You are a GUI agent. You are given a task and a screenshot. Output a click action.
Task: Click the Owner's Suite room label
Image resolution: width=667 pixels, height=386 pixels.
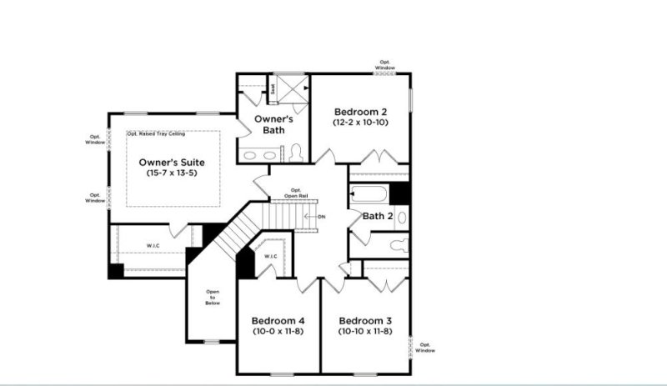coord(172,161)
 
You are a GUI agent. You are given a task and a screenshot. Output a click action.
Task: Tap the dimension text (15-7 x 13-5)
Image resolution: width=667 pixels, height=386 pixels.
coord(172,173)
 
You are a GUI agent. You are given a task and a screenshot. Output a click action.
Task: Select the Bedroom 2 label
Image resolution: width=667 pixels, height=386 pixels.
coord(361,112)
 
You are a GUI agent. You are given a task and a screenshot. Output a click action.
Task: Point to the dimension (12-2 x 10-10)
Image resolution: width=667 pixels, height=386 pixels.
coord(361,123)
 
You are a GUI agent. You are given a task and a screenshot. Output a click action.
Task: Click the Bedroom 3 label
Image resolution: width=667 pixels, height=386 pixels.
coord(365,320)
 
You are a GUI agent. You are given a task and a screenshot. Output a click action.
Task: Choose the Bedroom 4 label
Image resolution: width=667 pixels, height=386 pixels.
coord(278,320)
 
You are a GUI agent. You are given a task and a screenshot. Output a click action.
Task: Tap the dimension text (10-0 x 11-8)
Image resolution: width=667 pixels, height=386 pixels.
coord(278,331)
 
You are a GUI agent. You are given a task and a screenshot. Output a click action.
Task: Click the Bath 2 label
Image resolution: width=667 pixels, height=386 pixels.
coord(377,216)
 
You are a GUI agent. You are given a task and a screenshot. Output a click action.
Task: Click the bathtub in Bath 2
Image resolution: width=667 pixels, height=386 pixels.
coord(369,197)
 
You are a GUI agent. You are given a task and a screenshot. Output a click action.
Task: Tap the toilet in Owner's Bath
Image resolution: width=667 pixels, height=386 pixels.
coord(296,153)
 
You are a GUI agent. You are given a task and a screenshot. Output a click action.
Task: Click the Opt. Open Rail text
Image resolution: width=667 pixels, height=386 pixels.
coord(295,193)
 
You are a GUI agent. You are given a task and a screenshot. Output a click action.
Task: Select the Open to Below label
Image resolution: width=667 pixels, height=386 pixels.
coord(213,298)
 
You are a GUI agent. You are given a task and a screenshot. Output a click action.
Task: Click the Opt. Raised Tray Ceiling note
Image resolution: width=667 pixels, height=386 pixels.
coord(156,133)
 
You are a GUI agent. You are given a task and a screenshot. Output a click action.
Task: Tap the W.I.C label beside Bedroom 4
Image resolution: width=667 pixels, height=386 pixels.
coord(270,256)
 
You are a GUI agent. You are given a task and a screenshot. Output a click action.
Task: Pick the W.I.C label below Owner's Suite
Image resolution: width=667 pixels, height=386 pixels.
coord(153,245)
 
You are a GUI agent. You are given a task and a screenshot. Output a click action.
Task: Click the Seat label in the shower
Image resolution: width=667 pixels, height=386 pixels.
coord(273,86)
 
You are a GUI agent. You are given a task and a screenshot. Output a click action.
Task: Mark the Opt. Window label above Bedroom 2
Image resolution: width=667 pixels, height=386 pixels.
coord(384,64)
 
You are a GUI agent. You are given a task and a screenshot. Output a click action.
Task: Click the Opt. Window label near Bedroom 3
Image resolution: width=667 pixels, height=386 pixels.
coord(426,348)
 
